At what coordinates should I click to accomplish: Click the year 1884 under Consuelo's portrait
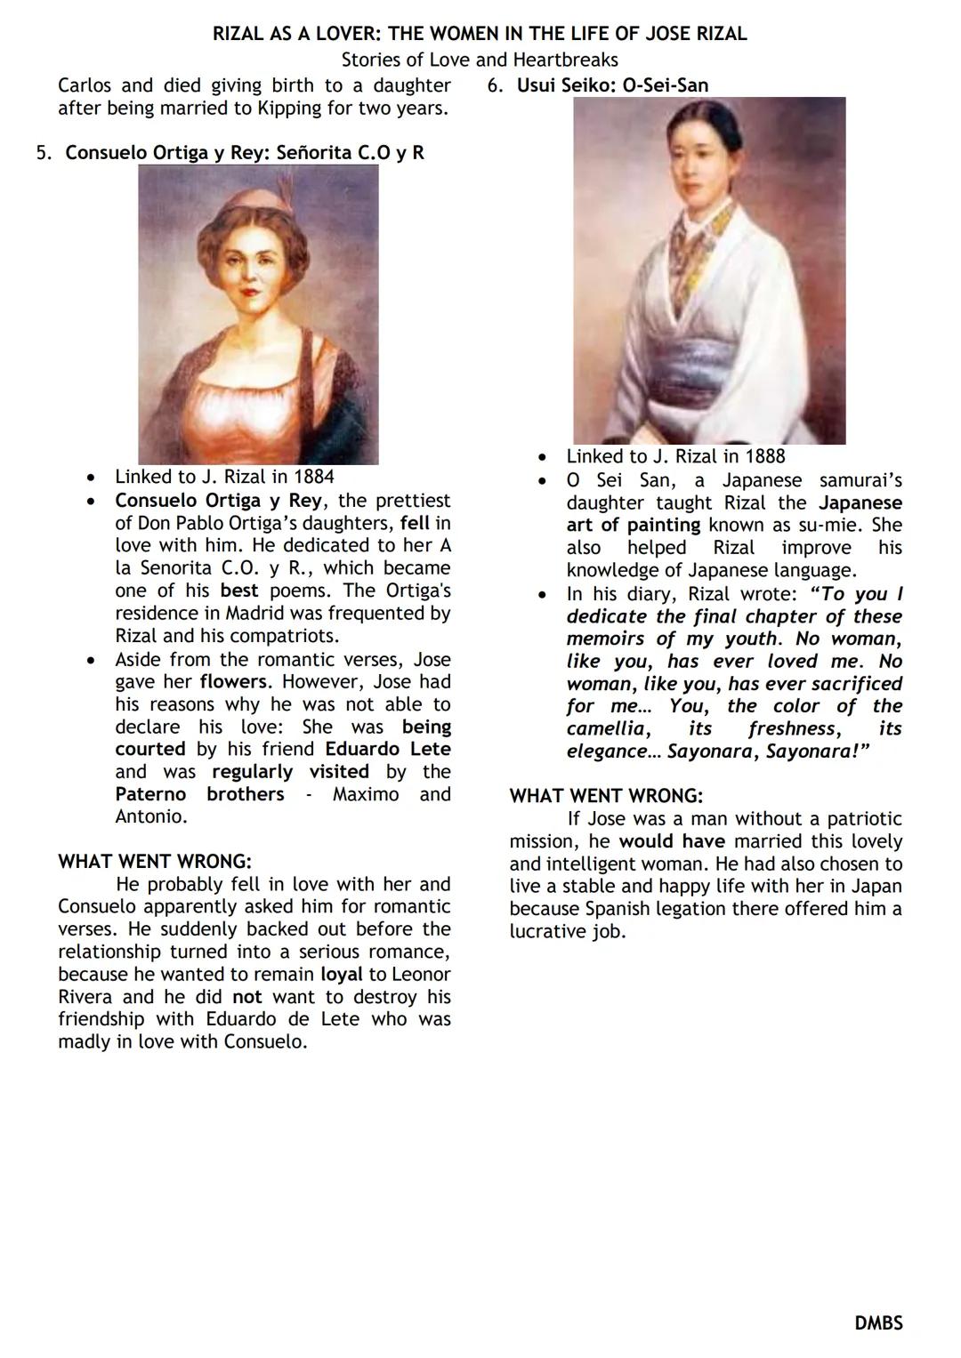[x=313, y=477]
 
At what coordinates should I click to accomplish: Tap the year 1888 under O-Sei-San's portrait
[x=764, y=456]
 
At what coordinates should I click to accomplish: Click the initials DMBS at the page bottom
[x=878, y=1323]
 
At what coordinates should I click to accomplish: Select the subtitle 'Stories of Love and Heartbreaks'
[x=480, y=60]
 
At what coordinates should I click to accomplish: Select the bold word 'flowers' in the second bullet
[x=233, y=682]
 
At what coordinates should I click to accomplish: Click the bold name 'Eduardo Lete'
[x=387, y=749]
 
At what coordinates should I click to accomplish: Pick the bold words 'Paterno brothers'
[x=199, y=794]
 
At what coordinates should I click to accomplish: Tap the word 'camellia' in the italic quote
[x=606, y=729]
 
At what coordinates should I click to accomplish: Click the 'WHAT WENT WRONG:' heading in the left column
[x=155, y=862]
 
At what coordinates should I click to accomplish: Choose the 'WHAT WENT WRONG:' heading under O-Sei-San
[x=606, y=796]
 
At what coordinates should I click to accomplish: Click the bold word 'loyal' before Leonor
[x=341, y=975]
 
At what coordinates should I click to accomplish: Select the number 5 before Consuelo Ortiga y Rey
[x=42, y=153]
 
